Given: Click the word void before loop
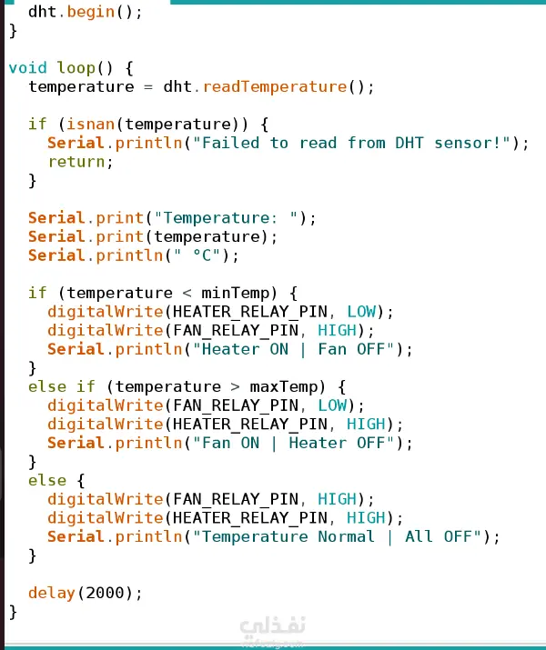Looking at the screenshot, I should (27, 68).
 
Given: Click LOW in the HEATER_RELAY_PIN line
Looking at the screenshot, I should (361, 312).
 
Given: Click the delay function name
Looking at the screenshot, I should (52, 593).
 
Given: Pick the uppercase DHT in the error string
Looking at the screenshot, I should (411, 143).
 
